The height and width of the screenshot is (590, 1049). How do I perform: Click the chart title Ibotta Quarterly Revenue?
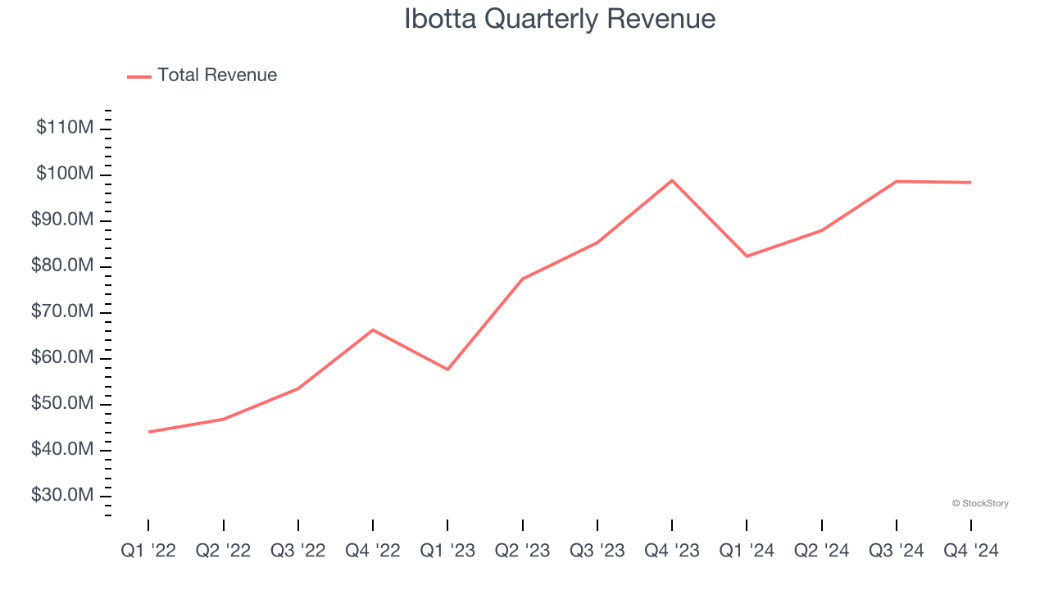[560, 19]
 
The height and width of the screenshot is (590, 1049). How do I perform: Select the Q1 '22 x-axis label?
[148, 551]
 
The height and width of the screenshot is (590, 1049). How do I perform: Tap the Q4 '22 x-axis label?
[373, 551]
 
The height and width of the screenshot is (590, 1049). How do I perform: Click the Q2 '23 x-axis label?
[522, 551]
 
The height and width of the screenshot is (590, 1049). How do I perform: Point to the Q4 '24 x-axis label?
[971, 551]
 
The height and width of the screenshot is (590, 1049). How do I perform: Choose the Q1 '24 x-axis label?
[747, 551]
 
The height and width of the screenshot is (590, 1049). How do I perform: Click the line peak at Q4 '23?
[672, 180]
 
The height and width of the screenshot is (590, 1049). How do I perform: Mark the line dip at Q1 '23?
[447, 370]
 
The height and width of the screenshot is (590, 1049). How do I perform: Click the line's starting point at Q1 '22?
[148, 432]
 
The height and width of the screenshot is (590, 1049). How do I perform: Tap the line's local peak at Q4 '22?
[373, 329]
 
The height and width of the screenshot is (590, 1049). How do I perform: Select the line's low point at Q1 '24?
[747, 256]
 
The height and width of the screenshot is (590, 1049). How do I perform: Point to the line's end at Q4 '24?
[971, 183]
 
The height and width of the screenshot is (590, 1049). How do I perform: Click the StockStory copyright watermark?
[980, 503]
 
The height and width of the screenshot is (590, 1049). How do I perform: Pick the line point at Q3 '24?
[897, 181]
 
